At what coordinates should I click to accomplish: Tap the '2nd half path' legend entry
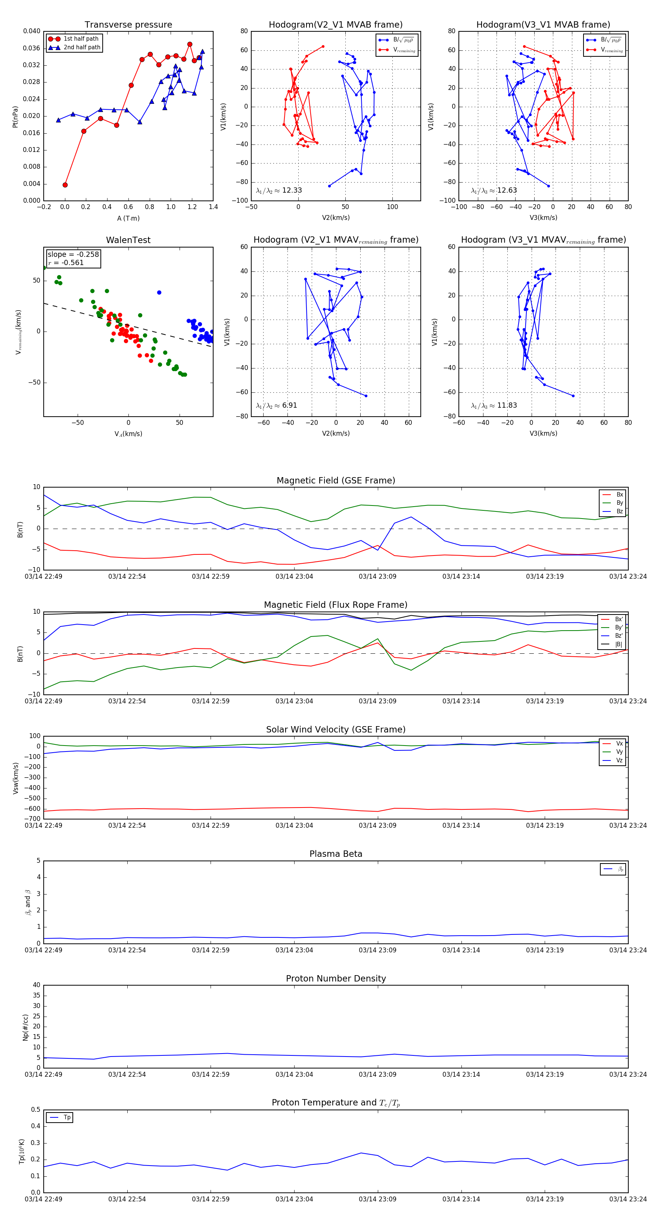82,47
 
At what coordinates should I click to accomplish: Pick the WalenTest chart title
128,240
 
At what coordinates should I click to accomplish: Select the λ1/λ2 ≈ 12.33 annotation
279,190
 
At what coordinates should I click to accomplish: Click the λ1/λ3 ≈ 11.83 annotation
494,405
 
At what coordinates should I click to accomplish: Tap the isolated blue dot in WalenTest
159,293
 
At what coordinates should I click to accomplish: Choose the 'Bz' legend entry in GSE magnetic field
619,511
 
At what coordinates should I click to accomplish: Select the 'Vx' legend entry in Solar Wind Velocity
619,744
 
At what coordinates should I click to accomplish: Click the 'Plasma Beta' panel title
336,854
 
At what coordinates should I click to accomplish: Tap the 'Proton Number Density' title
336,979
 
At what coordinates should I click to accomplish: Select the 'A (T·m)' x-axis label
128,218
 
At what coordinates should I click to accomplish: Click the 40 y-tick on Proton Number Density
36,985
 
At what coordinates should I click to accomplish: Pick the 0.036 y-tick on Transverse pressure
32,48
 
